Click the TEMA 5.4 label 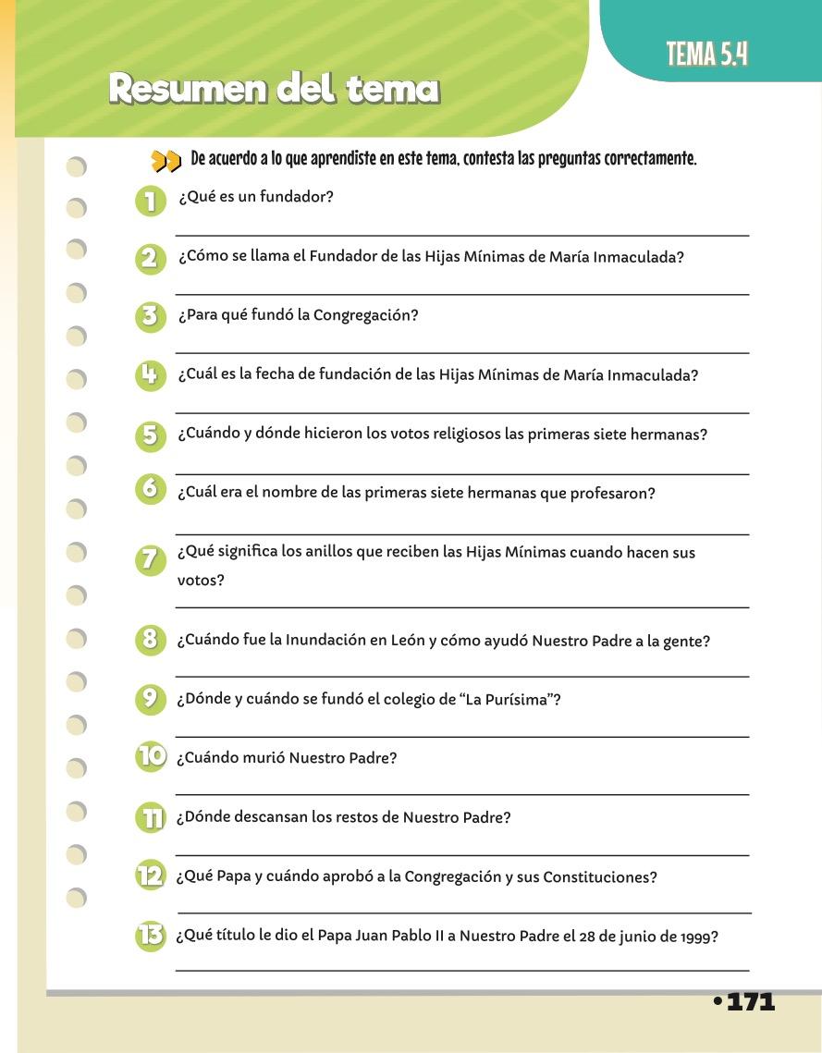click(x=707, y=55)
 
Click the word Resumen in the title click(x=185, y=89)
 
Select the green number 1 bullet click(x=149, y=200)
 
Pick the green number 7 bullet click(x=149, y=559)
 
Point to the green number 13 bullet click(x=150, y=936)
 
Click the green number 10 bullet click(x=151, y=757)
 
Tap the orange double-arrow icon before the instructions click(x=166, y=162)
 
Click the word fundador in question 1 click(x=301, y=197)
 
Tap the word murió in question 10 click(x=262, y=758)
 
